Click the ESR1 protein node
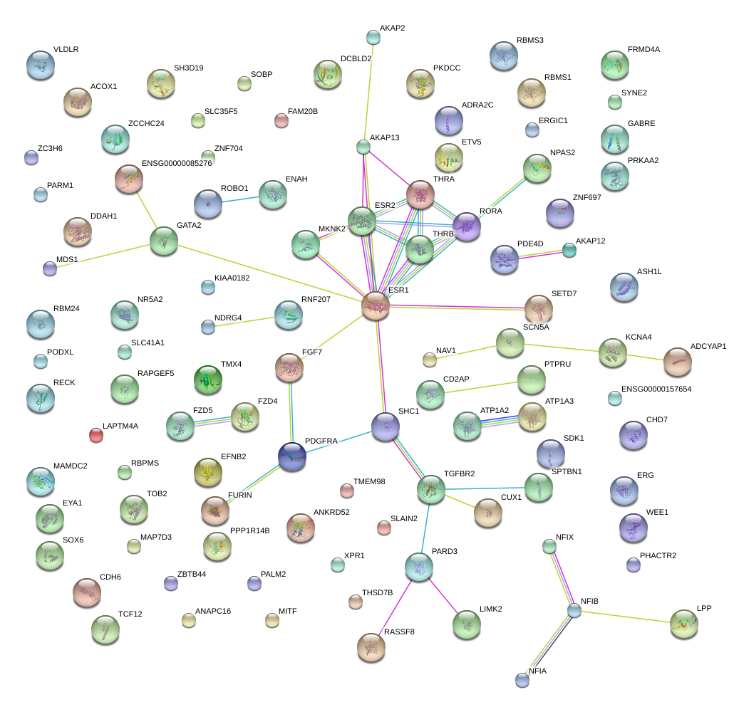[376, 306]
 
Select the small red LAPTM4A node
[95, 435]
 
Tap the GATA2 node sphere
[164, 242]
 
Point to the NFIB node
[574, 610]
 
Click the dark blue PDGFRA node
[292, 456]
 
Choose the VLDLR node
[40, 65]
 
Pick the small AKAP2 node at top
[373, 36]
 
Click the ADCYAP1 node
[677, 362]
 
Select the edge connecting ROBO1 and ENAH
[240, 199]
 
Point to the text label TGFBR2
[459, 473]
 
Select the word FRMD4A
[643, 50]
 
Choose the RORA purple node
[467, 226]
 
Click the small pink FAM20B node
[281, 120]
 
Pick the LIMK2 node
[466, 624]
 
